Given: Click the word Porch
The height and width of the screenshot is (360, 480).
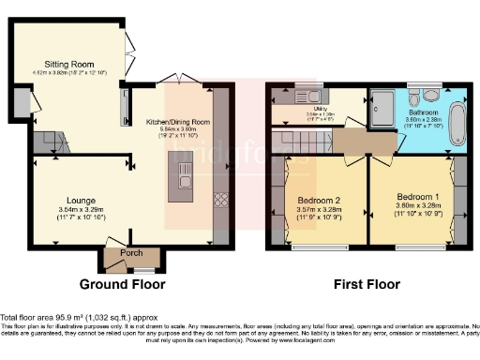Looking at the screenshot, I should (120, 252).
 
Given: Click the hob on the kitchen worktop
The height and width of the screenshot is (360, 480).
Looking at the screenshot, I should (221, 199).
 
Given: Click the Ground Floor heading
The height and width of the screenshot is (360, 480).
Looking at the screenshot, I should (123, 284).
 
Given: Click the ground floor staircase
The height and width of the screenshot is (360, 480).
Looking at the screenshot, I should (51, 142).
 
